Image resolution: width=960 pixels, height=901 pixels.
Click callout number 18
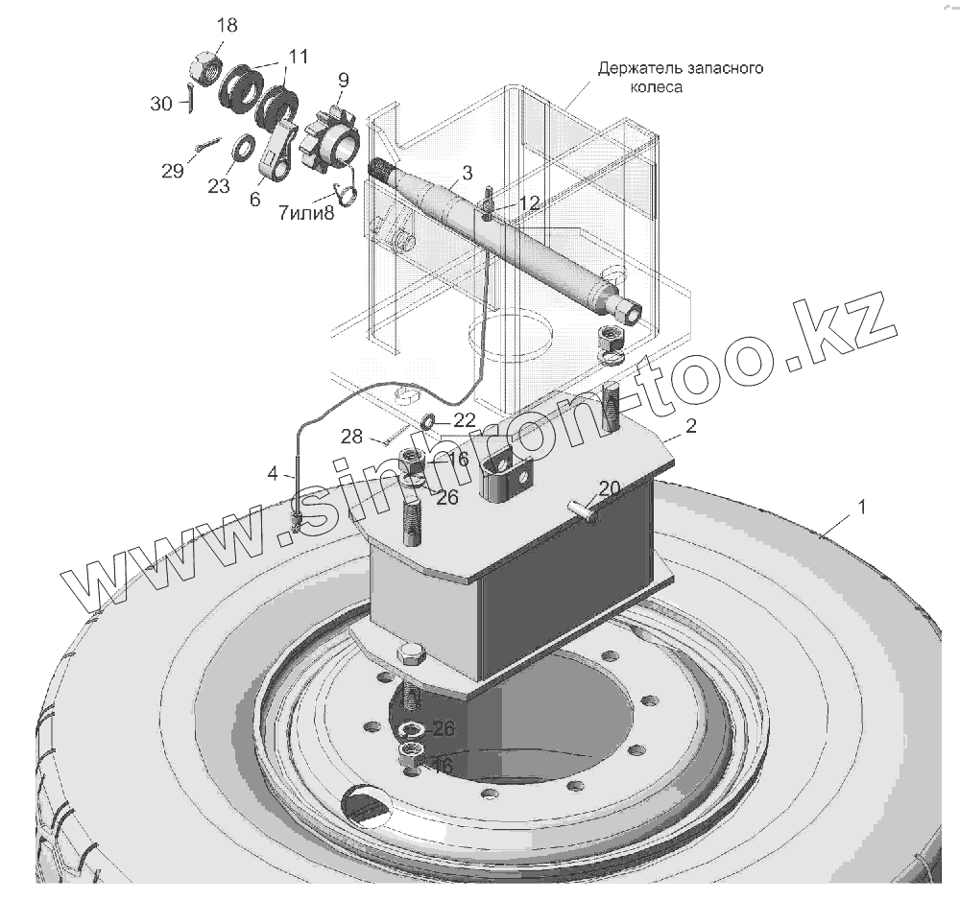227,26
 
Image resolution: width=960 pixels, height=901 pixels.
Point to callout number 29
173,171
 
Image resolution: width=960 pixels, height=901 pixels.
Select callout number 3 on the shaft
467,173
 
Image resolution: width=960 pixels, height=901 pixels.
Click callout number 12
530,202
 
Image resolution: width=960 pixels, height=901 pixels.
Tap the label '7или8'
306,214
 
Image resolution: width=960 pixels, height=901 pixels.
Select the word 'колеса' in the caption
655,86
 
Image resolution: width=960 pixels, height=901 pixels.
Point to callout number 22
465,419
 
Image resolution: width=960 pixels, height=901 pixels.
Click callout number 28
351,438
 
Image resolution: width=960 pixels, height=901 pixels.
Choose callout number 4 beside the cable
273,472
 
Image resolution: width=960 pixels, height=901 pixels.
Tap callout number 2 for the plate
690,425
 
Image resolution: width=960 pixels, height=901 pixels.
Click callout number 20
609,488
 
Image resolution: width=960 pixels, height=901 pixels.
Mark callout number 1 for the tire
861,508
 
